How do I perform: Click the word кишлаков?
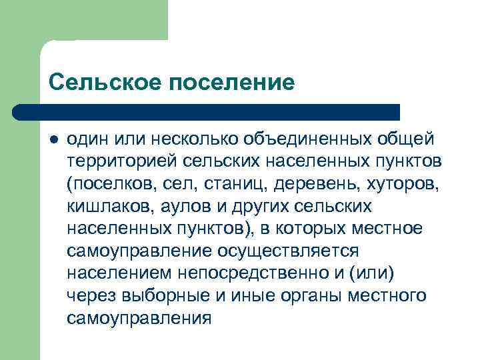pos(111,207)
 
